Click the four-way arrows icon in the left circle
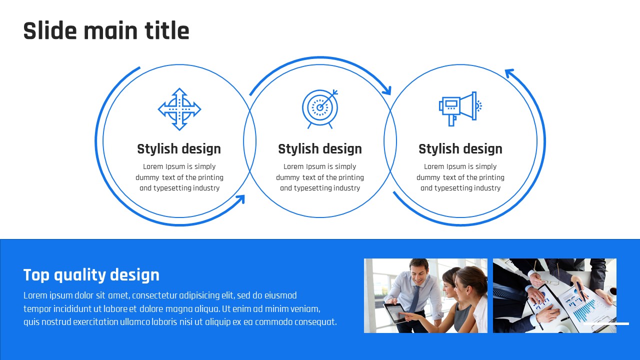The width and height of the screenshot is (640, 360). pos(179,109)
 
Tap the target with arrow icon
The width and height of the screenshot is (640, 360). pos(320,109)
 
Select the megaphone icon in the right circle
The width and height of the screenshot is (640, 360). pos(460,108)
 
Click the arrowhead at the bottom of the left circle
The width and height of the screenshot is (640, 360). pos(241,199)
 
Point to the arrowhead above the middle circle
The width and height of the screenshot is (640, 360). pos(387,90)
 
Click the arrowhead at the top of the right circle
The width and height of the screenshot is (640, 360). pos(509,73)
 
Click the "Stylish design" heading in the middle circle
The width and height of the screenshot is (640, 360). pos(320,149)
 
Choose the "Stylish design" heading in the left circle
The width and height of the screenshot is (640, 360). pos(179,149)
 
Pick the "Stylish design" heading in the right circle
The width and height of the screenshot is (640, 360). pos(460,149)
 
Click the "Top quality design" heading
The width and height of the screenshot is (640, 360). pos(91,275)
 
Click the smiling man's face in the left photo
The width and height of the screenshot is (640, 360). pos(418,273)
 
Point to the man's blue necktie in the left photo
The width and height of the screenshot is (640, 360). pos(415,298)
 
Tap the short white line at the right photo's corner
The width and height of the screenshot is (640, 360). pos(606,323)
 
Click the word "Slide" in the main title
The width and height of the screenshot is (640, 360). pos(50,30)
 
